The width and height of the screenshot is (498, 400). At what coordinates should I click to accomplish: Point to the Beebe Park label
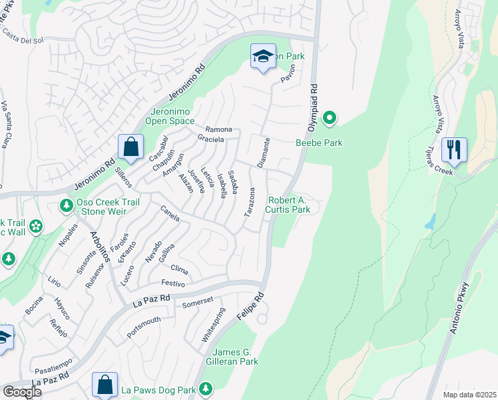(x=319, y=143)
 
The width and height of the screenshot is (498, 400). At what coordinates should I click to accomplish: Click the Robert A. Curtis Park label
(x=288, y=205)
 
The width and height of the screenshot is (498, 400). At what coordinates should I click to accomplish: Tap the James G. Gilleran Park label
(x=235, y=357)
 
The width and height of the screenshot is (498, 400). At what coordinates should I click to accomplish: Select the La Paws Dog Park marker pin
(x=206, y=388)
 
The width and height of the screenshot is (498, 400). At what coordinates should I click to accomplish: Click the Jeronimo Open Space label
(x=172, y=116)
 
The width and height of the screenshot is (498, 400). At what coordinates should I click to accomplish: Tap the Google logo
(x=22, y=392)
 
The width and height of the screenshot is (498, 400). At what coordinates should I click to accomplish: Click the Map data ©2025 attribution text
(x=469, y=395)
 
